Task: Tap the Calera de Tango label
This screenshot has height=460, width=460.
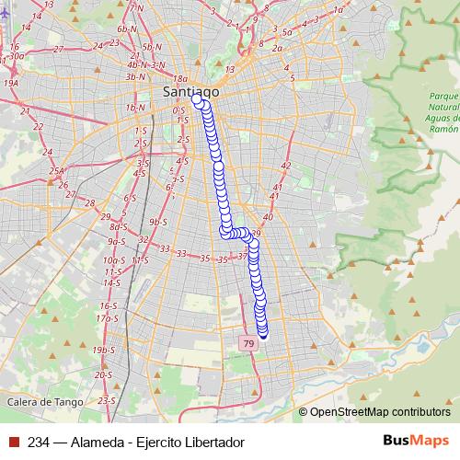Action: pyautogui.click(x=43, y=402)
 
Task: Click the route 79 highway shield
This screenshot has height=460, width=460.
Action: pyautogui.click(x=248, y=342)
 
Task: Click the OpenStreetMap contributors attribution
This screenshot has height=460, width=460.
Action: pyautogui.click(x=380, y=411)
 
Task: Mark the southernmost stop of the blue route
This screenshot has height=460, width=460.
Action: pyautogui.click(x=263, y=334)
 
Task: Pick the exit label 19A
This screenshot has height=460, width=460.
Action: pyautogui.click(x=11, y=83)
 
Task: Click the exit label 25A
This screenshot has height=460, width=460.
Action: pyautogui.click(x=58, y=170)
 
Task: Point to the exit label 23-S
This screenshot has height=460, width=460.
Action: pyautogui.click(x=107, y=400)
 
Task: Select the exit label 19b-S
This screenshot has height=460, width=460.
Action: pyautogui.click(x=104, y=351)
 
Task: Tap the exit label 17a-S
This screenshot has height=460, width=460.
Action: pyautogui.click(x=109, y=317)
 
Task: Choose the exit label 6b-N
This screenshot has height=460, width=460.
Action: pyautogui.click(x=127, y=30)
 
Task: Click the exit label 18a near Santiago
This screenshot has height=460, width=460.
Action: pyautogui.click(x=179, y=79)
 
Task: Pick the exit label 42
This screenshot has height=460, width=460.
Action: pyautogui.click(x=285, y=166)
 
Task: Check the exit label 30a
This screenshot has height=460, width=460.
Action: pyautogui.click(x=17, y=56)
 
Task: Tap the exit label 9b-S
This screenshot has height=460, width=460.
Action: pyautogui.click(x=157, y=222)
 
